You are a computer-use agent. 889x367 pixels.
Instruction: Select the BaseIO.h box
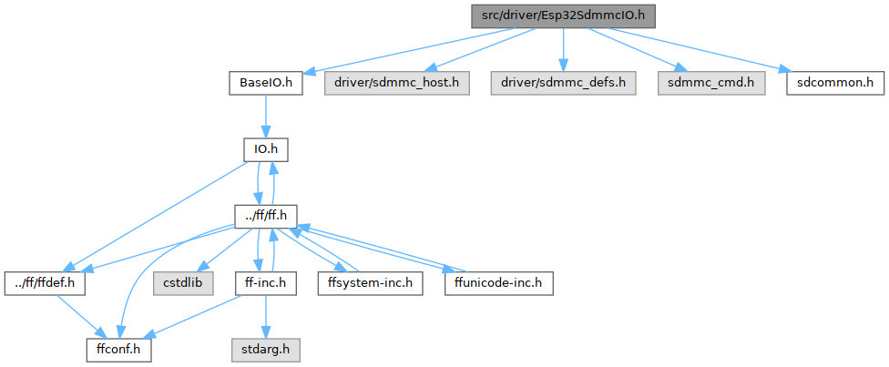click(x=265, y=83)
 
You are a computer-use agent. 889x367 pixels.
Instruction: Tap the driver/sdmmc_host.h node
click(x=395, y=83)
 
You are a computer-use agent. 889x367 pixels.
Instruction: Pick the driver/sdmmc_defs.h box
click(x=563, y=83)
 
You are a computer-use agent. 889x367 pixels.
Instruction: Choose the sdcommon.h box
click(x=835, y=83)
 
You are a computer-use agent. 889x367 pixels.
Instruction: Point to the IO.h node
click(x=265, y=149)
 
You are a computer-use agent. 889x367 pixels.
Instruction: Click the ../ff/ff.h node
click(x=265, y=216)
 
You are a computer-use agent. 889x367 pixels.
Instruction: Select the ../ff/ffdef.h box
click(x=45, y=282)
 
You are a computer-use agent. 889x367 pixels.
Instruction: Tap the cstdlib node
click(x=183, y=282)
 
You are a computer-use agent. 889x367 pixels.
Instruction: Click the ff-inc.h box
click(x=265, y=282)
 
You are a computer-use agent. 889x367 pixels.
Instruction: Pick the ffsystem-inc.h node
click(x=369, y=282)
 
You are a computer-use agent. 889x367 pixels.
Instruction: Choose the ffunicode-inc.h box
click(x=498, y=282)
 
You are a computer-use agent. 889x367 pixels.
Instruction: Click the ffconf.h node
click(x=118, y=349)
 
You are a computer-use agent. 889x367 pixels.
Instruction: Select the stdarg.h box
click(x=265, y=349)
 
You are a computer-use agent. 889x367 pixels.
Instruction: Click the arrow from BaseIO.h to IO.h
click(x=265, y=116)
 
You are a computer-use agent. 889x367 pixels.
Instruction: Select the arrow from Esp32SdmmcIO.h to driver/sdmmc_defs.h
click(x=563, y=49)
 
